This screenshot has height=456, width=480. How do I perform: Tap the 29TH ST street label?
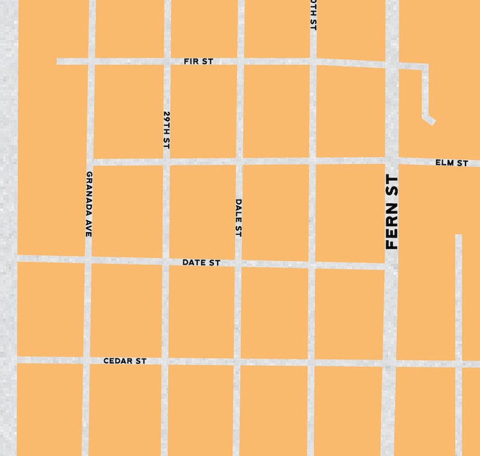pyautogui.click(x=166, y=130)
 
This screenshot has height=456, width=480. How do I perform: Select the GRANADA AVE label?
pyautogui.click(x=88, y=204)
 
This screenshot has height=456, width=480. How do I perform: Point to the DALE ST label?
pyautogui.click(x=238, y=218)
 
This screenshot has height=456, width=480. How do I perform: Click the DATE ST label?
pyautogui.click(x=201, y=263)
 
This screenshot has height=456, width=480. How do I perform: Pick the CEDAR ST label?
pyautogui.click(x=125, y=361)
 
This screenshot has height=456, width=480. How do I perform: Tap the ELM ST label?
pyautogui.click(x=452, y=163)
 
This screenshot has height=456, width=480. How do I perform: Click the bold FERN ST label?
pyautogui.click(x=392, y=212)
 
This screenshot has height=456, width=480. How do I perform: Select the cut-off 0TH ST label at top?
pyautogui.click(x=313, y=15)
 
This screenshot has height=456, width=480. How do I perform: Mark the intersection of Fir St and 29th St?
pyautogui.click(x=166, y=61)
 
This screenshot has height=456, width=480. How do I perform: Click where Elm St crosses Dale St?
pyautogui.click(x=239, y=161)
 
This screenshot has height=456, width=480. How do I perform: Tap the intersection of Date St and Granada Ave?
pyautogui.click(x=88, y=260)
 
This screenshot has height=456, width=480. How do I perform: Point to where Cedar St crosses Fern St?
pyautogui.click(x=389, y=363)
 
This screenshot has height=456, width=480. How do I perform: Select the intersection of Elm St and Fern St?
pyautogui.click(x=392, y=161)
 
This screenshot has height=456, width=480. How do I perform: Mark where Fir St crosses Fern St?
pyautogui.click(x=392, y=64)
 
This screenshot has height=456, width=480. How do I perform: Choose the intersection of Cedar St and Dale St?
pyautogui.click(x=237, y=362)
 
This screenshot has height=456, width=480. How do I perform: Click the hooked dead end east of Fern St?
pyautogui.click(x=431, y=120)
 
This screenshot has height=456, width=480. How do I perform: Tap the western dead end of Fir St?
pyautogui.click(x=59, y=61)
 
